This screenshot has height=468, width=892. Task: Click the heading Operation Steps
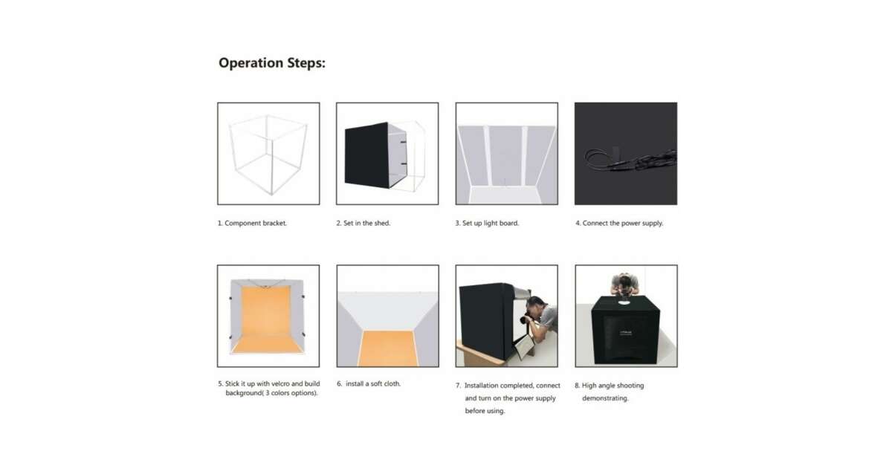272,63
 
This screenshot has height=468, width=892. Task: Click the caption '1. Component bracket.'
252,223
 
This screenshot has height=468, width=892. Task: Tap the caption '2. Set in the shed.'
363,223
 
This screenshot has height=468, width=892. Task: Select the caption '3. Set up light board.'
487,223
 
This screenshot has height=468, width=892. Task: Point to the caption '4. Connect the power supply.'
619,223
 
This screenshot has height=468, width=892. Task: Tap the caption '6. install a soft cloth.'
369,383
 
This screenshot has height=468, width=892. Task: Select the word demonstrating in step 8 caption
605,398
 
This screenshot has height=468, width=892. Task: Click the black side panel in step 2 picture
366,155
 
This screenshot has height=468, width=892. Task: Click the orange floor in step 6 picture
388,348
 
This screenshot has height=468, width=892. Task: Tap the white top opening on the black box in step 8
624,302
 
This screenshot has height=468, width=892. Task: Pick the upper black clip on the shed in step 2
404,142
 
